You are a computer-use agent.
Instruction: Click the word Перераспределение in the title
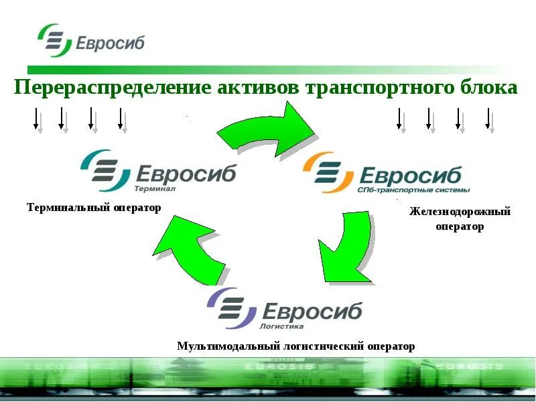click(x=111, y=88)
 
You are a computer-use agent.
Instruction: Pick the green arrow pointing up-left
click(x=191, y=249)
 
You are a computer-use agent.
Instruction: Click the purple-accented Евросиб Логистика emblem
click(x=232, y=308)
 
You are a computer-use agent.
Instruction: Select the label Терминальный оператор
click(x=94, y=208)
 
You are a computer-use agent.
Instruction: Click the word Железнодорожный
click(x=460, y=212)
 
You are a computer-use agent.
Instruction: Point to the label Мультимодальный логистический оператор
click(x=295, y=346)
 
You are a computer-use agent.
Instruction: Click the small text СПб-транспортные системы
click(x=413, y=190)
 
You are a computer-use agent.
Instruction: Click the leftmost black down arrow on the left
click(x=36, y=119)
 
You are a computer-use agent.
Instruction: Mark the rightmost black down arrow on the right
click(x=487, y=119)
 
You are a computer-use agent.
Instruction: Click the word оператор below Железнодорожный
click(x=460, y=226)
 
